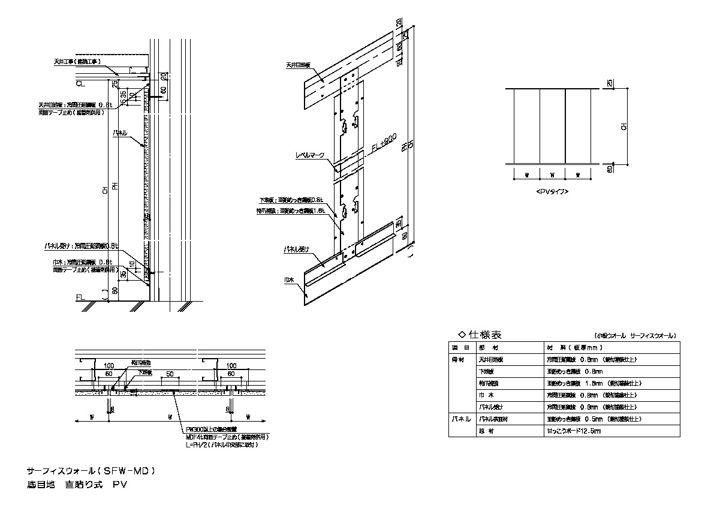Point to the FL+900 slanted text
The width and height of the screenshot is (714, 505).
381,148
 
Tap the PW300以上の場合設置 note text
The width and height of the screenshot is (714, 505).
211,429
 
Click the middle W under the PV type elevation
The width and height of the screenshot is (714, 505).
552,175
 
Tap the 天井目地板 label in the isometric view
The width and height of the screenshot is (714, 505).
299,65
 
